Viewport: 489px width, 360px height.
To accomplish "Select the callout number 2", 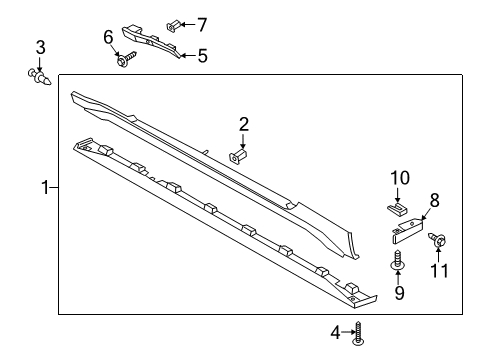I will [x=242, y=125].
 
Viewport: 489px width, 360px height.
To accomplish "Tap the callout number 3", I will [x=40, y=46].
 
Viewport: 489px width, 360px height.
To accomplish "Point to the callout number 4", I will [x=335, y=334].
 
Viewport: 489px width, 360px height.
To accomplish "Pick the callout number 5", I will [x=202, y=56].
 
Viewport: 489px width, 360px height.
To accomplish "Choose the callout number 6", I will [x=109, y=37].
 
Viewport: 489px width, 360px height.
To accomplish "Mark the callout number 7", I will [x=202, y=22].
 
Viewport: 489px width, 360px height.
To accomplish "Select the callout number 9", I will [x=399, y=293].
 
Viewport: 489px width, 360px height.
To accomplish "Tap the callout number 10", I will [x=399, y=178].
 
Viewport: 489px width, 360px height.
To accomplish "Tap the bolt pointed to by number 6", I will [x=124, y=62].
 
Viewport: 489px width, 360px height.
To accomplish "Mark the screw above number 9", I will [x=398, y=263].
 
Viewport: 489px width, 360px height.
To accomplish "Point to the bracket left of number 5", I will [x=150, y=40].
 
